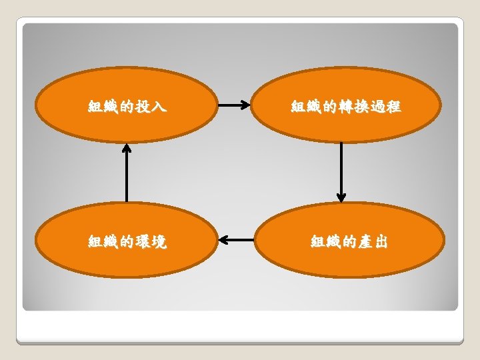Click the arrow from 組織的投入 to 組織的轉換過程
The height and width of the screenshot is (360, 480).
coord(234,105)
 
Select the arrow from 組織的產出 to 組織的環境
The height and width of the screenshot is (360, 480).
coord(236,239)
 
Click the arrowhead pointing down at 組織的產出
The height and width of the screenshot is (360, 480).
coord(341,197)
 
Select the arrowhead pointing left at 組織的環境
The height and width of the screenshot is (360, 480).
coord(224,239)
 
